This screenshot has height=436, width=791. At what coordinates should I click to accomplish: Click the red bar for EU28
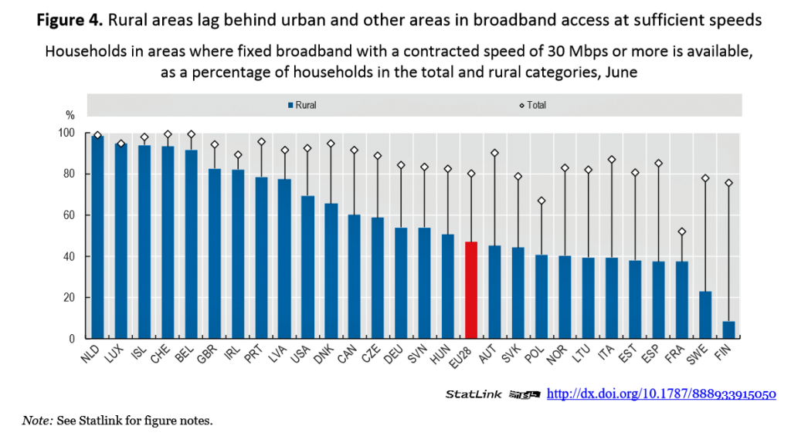[471, 290]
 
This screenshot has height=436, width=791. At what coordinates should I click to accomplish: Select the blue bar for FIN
[728, 330]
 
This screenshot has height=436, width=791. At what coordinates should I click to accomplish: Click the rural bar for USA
[307, 267]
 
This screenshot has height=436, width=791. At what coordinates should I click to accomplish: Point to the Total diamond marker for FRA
[682, 232]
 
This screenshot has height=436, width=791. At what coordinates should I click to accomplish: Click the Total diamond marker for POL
[541, 201]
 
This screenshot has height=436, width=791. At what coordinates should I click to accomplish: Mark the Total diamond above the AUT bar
[494, 153]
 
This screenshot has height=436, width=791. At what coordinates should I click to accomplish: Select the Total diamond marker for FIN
[728, 183]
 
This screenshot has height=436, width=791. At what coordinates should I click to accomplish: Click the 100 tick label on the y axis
[66, 133]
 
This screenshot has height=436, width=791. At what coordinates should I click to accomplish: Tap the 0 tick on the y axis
[71, 339]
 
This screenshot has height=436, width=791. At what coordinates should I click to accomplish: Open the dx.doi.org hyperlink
[661, 394]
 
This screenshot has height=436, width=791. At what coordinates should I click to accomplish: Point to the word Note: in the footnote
[36, 421]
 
